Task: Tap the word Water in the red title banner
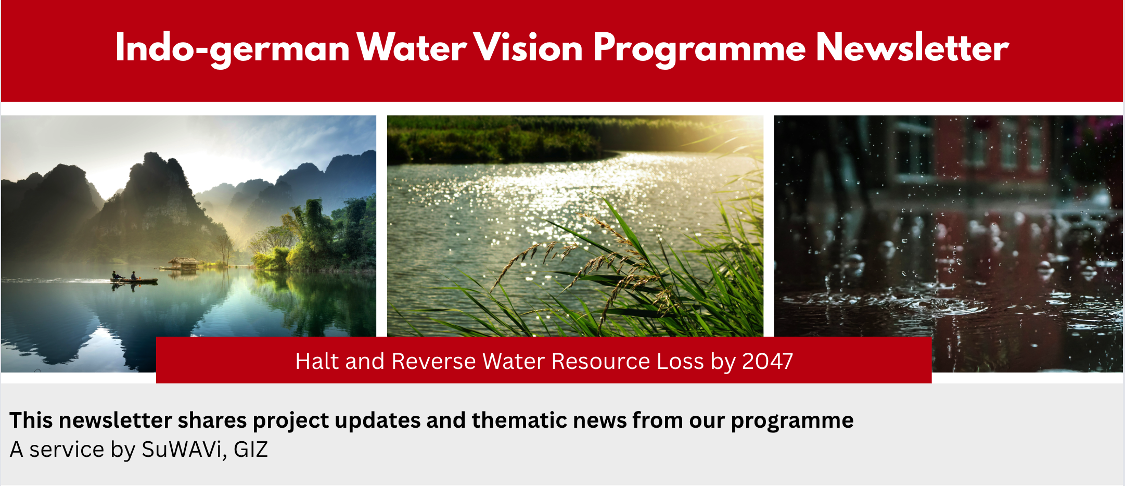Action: pyautogui.click(x=412, y=48)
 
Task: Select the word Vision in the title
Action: pyautogui.click(x=528, y=48)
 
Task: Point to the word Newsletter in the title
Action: pyautogui.click(x=912, y=48)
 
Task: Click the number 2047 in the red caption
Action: pyautogui.click(x=767, y=361)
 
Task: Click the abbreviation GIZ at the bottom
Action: pyautogui.click(x=250, y=450)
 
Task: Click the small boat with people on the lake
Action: pyautogui.click(x=133, y=279)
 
